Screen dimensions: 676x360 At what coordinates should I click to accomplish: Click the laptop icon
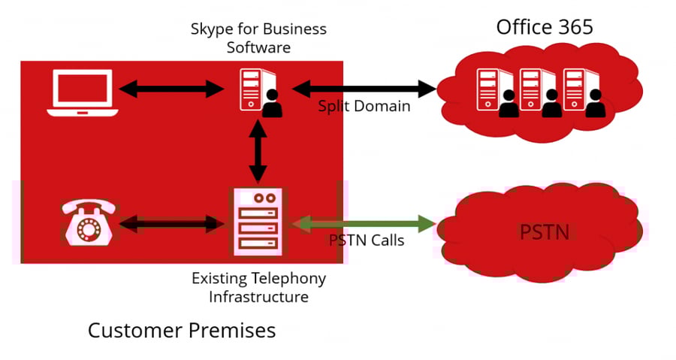[x=83, y=92]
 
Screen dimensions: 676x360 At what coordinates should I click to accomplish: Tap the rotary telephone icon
[x=89, y=222]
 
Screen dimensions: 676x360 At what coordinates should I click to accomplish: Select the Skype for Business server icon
[x=261, y=93]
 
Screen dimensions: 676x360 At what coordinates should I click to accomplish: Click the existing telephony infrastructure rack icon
[x=258, y=222]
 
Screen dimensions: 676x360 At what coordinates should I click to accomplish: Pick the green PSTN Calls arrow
[x=364, y=224]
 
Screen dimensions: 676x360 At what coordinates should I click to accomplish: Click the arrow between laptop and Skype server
[x=171, y=89]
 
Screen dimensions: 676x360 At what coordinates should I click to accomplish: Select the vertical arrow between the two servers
[x=258, y=151]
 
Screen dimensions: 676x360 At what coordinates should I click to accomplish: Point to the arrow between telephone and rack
[x=171, y=224]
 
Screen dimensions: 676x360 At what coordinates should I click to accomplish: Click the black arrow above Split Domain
[x=364, y=89]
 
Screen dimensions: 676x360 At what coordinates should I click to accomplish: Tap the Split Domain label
[x=364, y=107]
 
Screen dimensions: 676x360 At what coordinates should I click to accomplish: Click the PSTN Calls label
[x=367, y=241]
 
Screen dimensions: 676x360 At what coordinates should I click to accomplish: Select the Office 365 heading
[x=545, y=27]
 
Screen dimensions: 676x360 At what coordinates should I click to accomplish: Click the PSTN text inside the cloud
[x=545, y=232]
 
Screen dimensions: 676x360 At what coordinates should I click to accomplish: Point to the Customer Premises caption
[x=182, y=331]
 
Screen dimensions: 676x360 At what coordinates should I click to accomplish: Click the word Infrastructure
[x=258, y=297]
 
